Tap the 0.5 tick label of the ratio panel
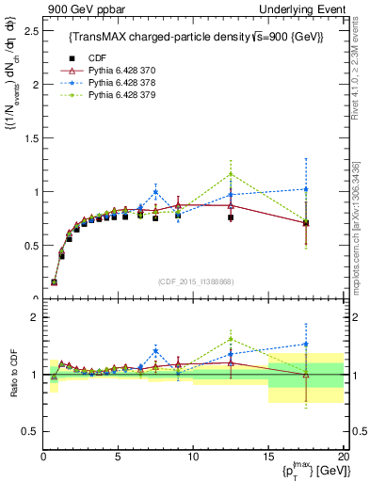coord(27,431)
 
